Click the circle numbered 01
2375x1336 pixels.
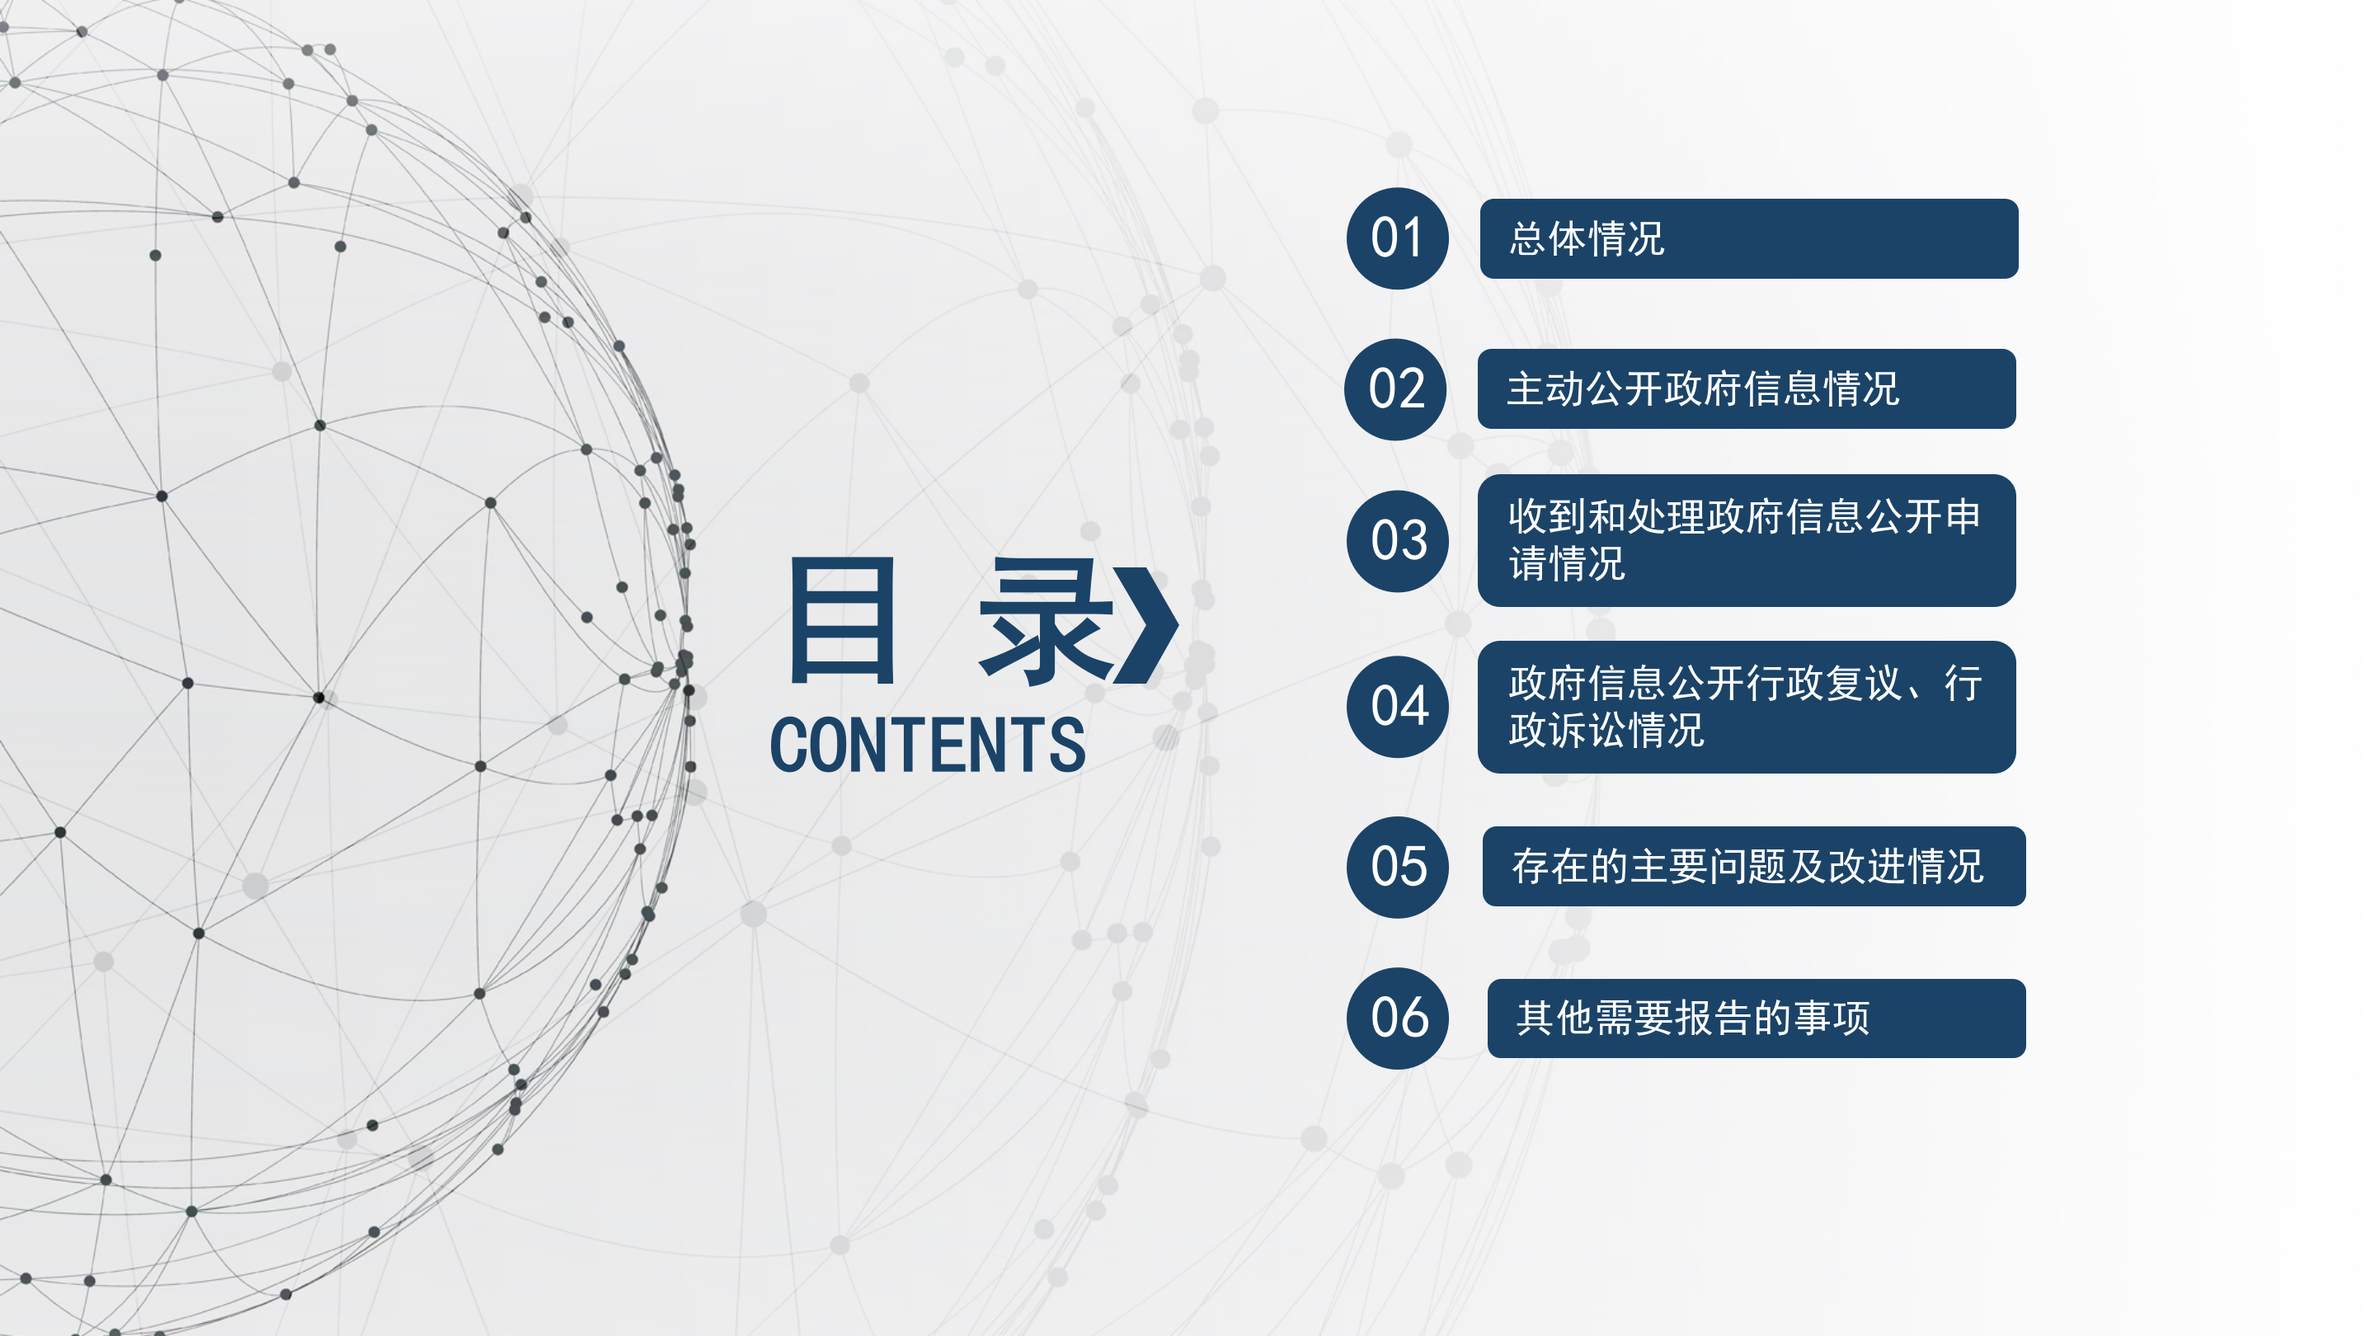[x=1397, y=239]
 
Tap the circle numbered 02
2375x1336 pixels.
[x=1395, y=389]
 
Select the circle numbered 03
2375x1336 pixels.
[x=1398, y=541]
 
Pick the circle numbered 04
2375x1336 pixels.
[x=1398, y=708]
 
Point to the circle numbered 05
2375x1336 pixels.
[x=1398, y=868]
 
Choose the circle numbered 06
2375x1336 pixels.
[x=1398, y=1018]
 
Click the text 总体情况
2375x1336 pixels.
[x=1587, y=239]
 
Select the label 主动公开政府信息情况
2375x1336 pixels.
[x=1703, y=389]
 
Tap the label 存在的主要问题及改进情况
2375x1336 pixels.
[x=1747, y=867]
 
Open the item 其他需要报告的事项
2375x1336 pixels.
[x=1693, y=1018]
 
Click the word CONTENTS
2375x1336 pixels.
[x=928, y=745]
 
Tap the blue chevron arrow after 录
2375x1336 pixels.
[x=1145, y=624]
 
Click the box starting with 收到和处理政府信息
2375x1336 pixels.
[x=1747, y=540]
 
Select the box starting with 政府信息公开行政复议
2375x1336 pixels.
[x=1747, y=708]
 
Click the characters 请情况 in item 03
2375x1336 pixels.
[x=1567, y=564]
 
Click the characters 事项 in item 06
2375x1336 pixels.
[x=1832, y=1018]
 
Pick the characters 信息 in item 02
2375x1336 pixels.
[x=1782, y=389]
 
